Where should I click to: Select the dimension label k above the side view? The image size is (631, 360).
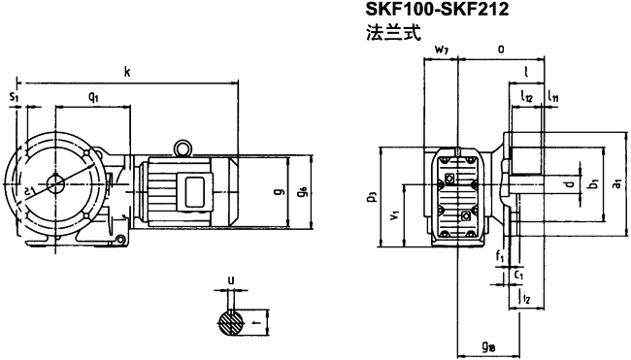click(x=127, y=71)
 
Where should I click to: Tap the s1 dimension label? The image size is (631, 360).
click(x=13, y=97)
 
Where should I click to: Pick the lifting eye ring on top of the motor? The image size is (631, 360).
click(x=182, y=147)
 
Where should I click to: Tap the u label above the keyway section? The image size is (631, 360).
click(x=230, y=282)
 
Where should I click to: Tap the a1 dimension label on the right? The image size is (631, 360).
click(x=618, y=182)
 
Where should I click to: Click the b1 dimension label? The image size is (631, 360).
click(x=591, y=182)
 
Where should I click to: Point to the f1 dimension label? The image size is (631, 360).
click(x=498, y=257)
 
